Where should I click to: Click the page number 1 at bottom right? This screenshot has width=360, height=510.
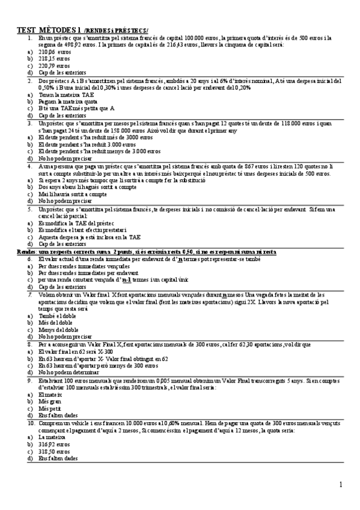(x=340, y=484)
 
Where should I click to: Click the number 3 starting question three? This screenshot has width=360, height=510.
(x=30, y=123)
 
